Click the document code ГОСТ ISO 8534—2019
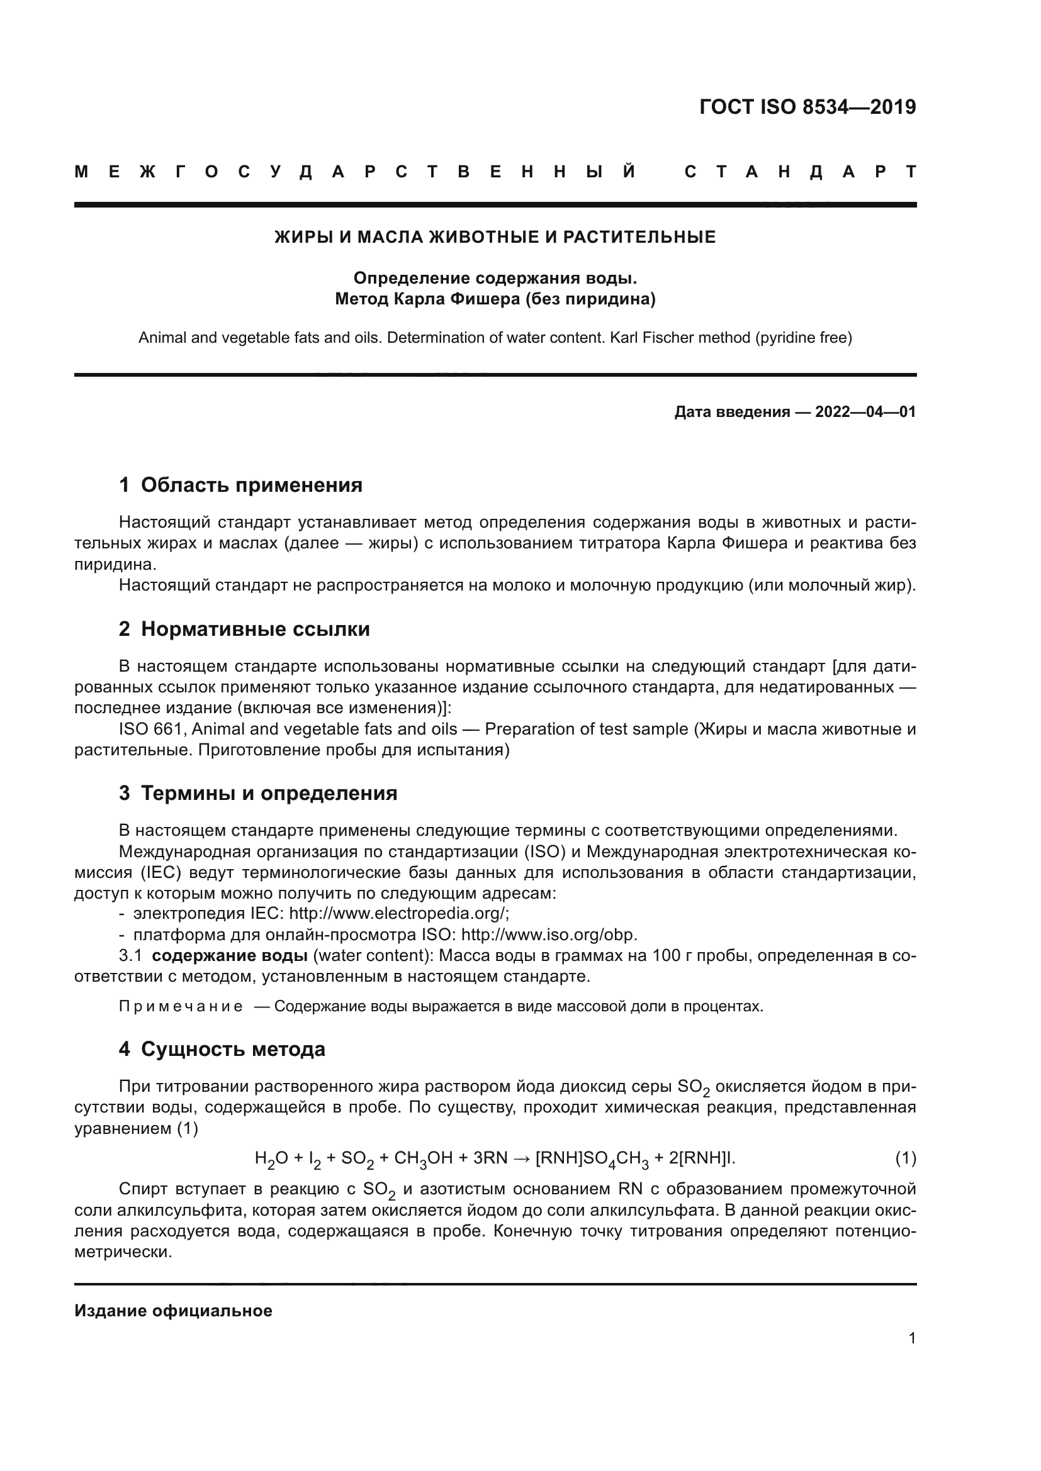pos(807,107)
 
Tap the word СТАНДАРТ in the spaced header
pos(800,172)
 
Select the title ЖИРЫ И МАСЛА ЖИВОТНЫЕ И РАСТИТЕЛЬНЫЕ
pos(495,238)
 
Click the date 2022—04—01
pos(865,412)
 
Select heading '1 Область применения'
pos(240,485)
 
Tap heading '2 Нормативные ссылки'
pos(244,629)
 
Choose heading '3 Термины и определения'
pos(257,793)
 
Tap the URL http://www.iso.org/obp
pos(549,934)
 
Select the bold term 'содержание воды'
pos(230,955)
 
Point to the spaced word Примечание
pos(181,1006)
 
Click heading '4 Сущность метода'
pos(222,1049)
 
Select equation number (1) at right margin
pos(905,1158)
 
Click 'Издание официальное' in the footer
pos(173,1311)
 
